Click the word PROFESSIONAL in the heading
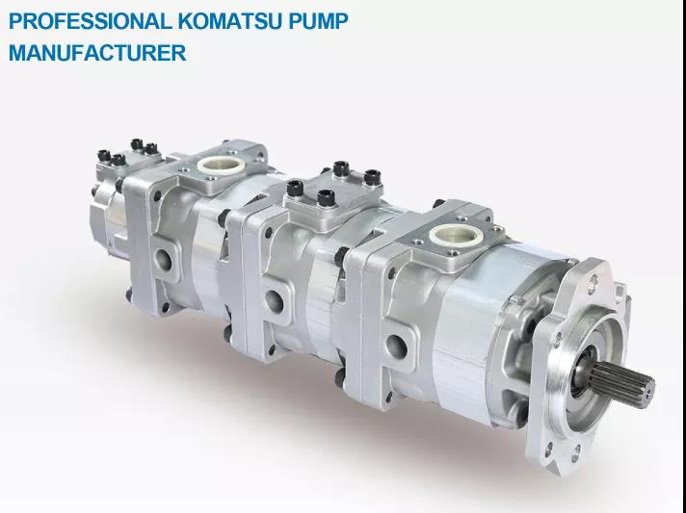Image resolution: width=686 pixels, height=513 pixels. click(x=91, y=21)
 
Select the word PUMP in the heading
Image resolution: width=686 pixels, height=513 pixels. click(x=319, y=21)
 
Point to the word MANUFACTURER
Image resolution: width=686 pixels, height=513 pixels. click(x=97, y=53)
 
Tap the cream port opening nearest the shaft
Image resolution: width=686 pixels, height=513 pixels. click(x=457, y=235)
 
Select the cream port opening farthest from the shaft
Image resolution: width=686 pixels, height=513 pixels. click(x=221, y=166)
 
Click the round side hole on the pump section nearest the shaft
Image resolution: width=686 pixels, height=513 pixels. click(x=396, y=346)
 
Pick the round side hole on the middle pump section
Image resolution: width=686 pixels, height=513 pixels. click(x=275, y=301)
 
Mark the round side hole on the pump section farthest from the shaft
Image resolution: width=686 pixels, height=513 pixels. click(x=163, y=260)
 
